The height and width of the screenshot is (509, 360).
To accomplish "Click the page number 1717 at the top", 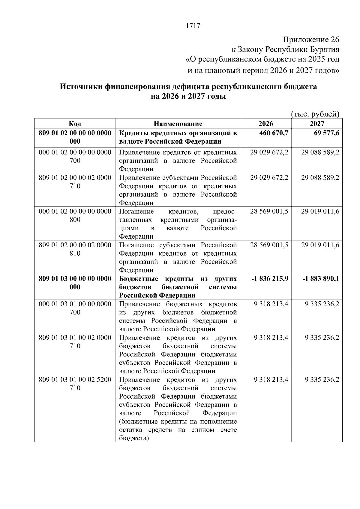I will point(193,26).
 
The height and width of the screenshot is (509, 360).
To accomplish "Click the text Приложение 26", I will point(311,40).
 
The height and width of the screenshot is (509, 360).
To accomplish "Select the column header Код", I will point(75,124).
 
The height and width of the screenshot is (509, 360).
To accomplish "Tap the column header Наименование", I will point(178,124).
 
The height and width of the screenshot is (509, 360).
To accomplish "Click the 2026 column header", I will point(265,124).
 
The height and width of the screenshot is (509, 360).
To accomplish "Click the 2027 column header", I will point(317,124).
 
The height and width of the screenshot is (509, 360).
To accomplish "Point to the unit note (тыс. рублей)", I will point(315,114).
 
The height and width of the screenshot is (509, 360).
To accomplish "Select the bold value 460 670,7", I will point(274,133).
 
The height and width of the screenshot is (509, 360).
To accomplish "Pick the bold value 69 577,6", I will point(327,133).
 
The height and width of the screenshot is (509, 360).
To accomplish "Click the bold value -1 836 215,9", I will point(270,279).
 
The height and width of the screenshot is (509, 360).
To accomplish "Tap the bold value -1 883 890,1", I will point(321,279).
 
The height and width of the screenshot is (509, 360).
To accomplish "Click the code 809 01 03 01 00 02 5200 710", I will point(75,384).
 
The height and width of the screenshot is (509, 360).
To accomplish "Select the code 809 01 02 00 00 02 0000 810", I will point(75,249).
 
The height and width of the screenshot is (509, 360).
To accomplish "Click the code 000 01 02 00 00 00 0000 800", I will point(75,215).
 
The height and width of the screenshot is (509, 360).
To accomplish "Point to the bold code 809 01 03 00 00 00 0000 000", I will point(75,283).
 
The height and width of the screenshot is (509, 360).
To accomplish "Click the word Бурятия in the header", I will point(326,49).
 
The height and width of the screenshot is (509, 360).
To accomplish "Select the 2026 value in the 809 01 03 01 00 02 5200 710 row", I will point(271,380).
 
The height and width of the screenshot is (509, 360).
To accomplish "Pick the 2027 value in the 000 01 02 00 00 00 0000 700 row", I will point(320,152).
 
